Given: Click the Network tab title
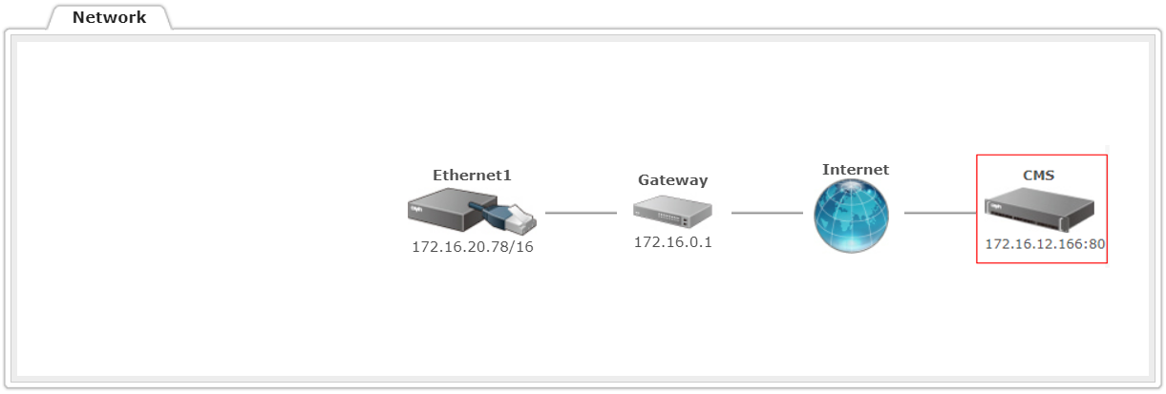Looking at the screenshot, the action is pos(109,17).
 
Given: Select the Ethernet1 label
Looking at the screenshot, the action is pos(472,176).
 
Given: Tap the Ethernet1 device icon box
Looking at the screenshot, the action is pos(452,209).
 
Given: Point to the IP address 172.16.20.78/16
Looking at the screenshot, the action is pos(473,247).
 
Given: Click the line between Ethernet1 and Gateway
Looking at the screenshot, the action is pos(581,213).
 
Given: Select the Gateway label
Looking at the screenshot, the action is pos(672,180).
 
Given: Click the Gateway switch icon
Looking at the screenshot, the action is pos(672,211).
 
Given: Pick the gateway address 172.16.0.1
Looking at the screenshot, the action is pos(672,242).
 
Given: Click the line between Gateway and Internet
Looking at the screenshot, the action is pos(767,213).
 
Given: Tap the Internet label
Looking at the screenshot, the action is pos(856,170).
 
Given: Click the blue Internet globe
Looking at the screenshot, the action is pos(851,216).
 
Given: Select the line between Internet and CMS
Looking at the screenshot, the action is pos(940,213).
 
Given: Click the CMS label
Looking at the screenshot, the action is pos(1038,176).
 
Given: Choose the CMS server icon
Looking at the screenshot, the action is pos(1040,209).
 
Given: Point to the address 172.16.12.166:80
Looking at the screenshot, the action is pos(1045,244).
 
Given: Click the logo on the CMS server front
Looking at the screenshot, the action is pos(996,207).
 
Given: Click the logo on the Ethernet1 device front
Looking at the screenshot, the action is pos(416,209).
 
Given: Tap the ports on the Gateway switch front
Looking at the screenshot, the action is pos(669,218).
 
